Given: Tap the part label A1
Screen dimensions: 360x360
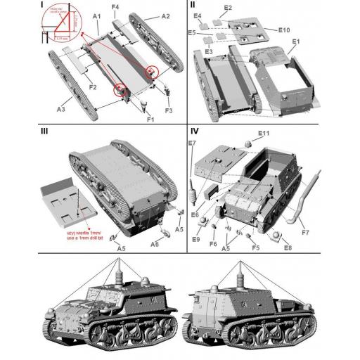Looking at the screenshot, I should [x=96, y=15].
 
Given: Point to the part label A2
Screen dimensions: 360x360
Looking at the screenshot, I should [x=166, y=15].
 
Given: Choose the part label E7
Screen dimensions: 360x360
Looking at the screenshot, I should [x=193, y=144].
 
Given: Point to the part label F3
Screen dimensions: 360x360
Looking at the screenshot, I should [x=168, y=110].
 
